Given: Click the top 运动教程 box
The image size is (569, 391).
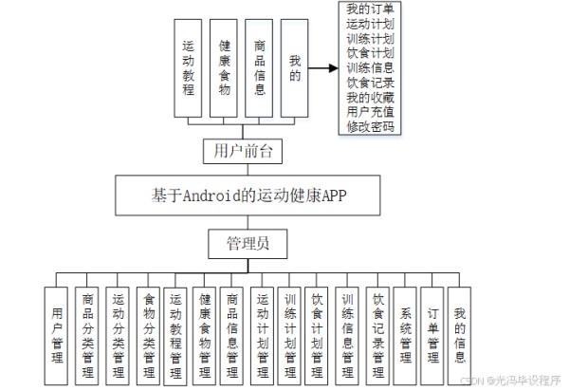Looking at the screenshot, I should [189, 67].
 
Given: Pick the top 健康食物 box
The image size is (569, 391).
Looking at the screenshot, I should [224, 67].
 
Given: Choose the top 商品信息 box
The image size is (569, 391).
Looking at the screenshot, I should [260, 67].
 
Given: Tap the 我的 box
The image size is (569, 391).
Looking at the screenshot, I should [295, 67].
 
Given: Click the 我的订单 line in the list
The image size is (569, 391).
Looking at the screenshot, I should [371, 9].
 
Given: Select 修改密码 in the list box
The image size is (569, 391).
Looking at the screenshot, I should [371, 126].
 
